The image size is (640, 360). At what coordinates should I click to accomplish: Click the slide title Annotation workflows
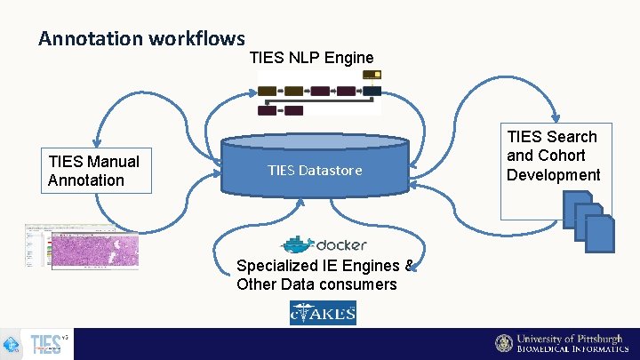[141, 38]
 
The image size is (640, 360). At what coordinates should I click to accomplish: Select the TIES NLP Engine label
[311, 58]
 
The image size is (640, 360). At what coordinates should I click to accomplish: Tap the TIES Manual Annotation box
[99, 171]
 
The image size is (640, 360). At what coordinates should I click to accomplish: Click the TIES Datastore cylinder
[315, 170]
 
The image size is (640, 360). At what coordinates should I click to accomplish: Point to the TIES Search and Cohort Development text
[553, 156]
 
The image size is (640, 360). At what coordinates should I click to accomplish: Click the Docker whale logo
[297, 244]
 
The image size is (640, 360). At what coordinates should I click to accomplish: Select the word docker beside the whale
[341, 245]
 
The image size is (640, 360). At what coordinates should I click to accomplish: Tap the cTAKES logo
[323, 313]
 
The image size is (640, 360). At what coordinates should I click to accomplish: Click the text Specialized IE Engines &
[324, 265]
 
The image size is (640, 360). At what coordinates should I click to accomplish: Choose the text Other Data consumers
[316, 284]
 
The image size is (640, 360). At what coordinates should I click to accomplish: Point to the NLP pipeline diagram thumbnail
[319, 93]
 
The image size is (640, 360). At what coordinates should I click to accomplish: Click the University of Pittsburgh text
[570, 339]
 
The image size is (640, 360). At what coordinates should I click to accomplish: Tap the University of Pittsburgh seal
[504, 344]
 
